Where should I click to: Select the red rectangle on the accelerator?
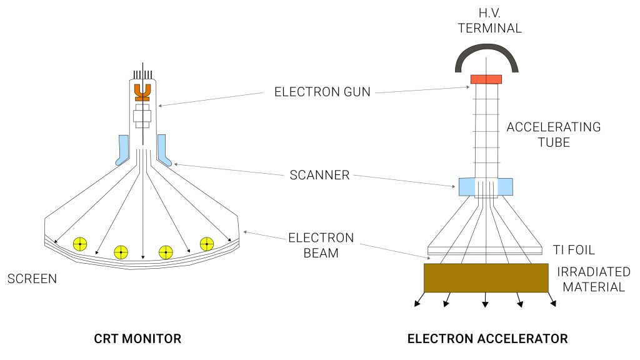[486, 79]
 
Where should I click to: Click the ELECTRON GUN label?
[322, 92]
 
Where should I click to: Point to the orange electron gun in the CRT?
[143, 92]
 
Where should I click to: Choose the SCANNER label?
[319, 175]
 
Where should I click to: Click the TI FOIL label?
[574, 250]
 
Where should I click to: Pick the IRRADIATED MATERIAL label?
[593, 279]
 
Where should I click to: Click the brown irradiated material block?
[486, 278]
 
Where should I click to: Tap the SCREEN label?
[31, 279]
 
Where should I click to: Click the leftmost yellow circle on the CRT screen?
[80, 244]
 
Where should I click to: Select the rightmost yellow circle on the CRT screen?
[207, 244]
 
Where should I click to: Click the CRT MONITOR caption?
[137, 339]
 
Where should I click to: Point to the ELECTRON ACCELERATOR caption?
[487, 339]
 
